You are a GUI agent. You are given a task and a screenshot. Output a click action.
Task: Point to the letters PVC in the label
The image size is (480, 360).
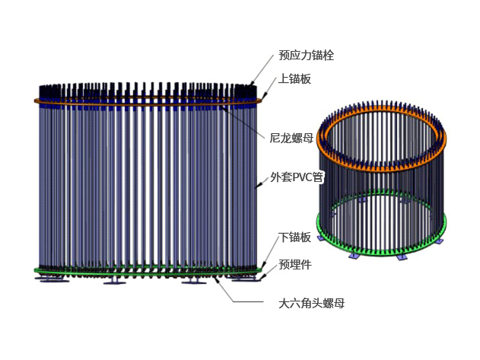pyautogui.click(x=304, y=178)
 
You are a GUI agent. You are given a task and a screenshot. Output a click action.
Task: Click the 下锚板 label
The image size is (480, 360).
pyautogui.click(x=294, y=237)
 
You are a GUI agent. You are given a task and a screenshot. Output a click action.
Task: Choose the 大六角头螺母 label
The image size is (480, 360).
pyautogui.click(x=312, y=303)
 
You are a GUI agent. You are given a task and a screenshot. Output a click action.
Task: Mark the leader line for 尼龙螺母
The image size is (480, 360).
pyautogui.click(x=243, y=122)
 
